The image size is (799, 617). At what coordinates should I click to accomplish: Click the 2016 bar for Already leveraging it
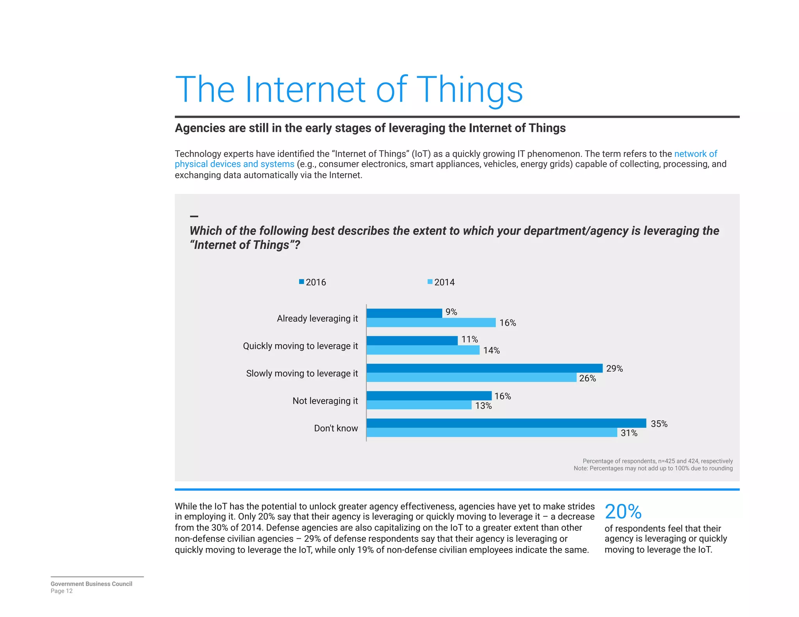click(404, 313)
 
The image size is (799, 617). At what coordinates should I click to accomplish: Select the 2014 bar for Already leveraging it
click(431, 323)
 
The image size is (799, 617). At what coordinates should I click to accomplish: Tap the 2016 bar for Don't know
click(506, 423)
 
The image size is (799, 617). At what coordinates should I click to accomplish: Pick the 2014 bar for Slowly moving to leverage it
click(471, 378)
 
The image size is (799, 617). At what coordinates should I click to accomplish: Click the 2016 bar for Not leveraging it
click(429, 395)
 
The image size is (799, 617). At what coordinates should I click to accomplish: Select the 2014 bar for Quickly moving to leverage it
click(423, 350)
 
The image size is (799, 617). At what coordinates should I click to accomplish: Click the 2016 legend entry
click(312, 282)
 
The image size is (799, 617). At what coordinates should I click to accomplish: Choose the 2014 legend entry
click(441, 282)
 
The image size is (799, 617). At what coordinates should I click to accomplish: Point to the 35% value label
click(659, 424)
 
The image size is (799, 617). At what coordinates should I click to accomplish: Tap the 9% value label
click(451, 312)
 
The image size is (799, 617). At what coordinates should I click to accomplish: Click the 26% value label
click(587, 378)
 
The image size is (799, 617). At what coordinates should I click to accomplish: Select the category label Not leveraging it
click(325, 401)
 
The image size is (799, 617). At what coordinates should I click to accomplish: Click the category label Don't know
click(336, 428)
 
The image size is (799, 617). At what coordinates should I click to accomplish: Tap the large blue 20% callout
click(623, 512)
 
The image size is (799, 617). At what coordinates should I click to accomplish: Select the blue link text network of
click(695, 154)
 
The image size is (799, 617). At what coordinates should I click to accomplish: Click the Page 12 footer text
click(62, 591)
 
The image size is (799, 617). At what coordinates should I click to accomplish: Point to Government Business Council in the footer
click(91, 584)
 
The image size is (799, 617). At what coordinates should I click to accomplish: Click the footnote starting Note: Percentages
click(653, 468)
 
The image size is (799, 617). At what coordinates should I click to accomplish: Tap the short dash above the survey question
click(194, 216)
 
